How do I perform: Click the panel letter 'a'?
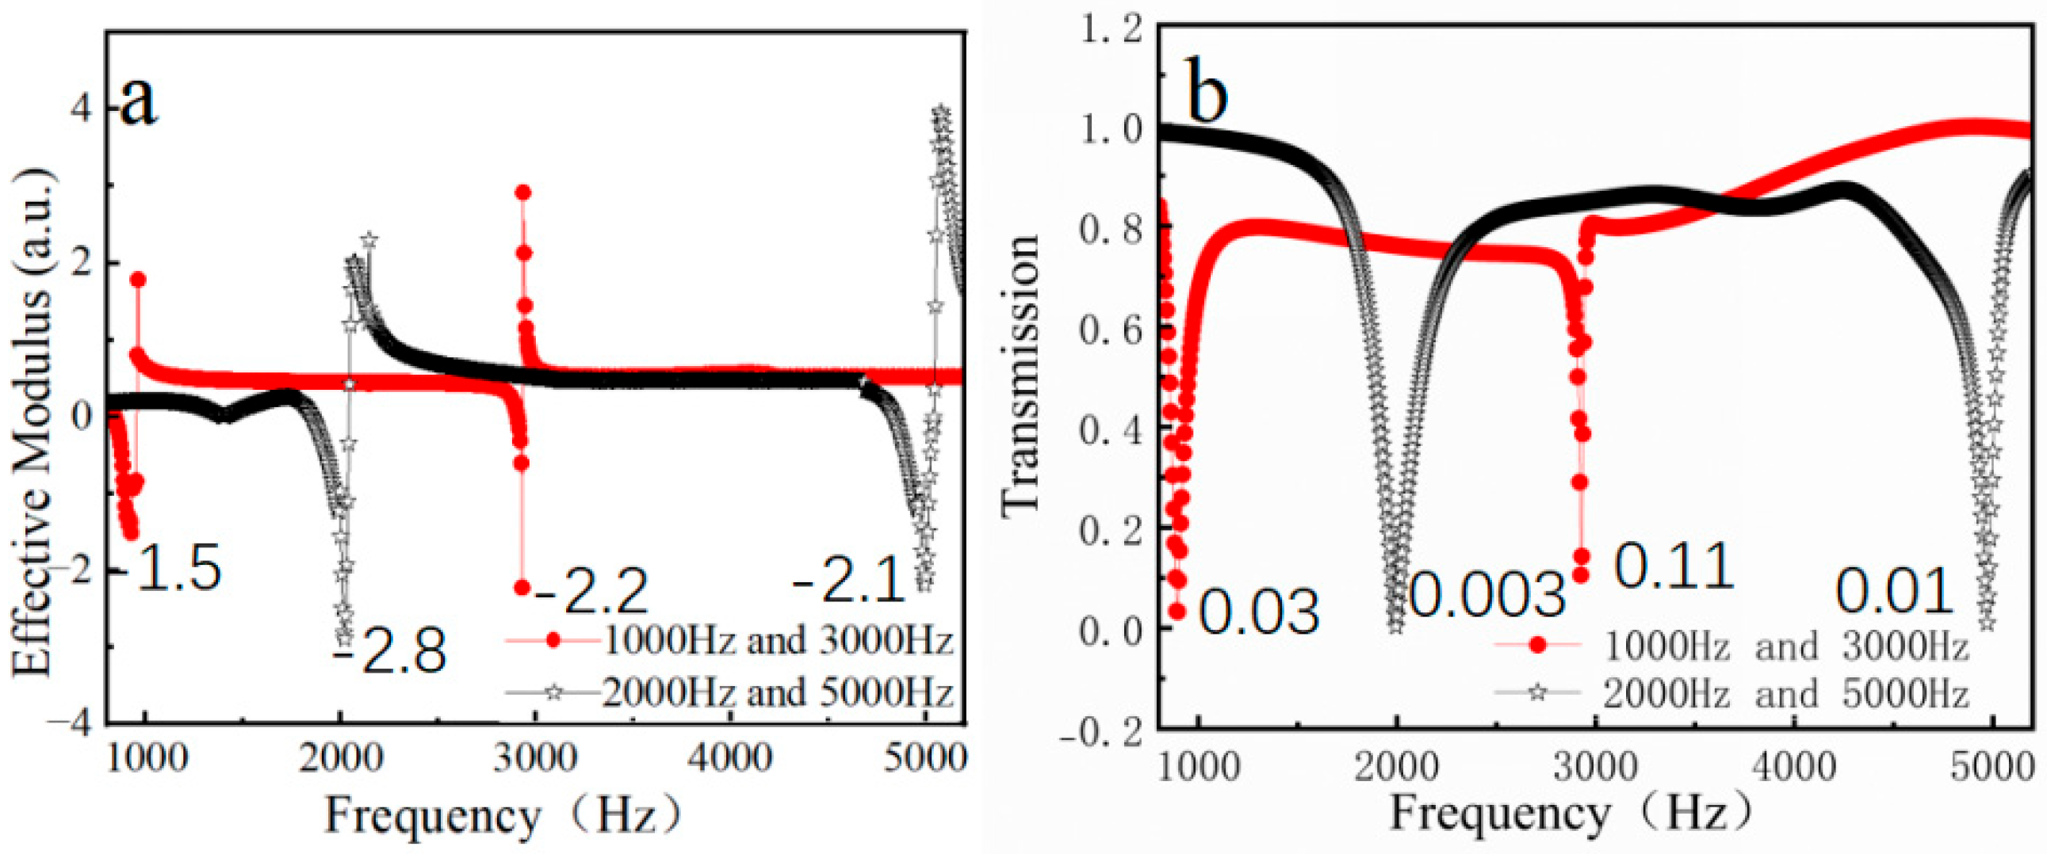[138, 103]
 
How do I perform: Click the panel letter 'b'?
[1207, 96]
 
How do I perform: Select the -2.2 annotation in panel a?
[592, 592]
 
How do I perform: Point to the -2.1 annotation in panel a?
[849, 579]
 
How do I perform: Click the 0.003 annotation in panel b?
[1486, 595]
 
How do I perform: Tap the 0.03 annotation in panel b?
[1259, 612]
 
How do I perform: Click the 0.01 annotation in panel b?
[1895, 591]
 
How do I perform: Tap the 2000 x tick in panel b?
[1396, 768]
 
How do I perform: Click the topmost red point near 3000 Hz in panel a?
[523, 193]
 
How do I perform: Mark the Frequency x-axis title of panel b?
[1570, 814]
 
